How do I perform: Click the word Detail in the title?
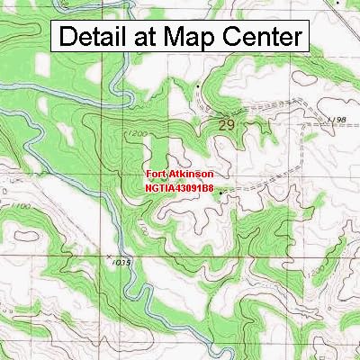click(x=98, y=38)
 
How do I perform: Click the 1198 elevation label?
click(x=337, y=120)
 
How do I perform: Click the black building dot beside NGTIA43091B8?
click(x=221, y=190)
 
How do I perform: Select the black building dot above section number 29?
click(x=198, y=87)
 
